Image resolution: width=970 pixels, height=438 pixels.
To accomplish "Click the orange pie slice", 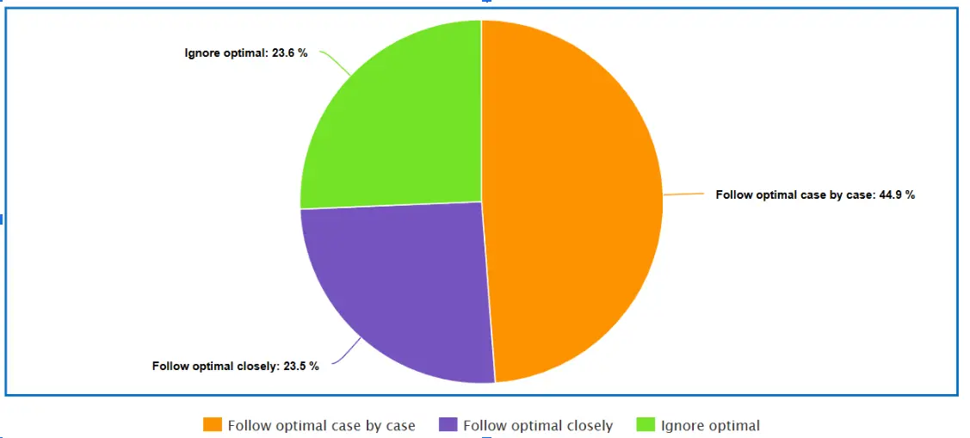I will tap(572, 198).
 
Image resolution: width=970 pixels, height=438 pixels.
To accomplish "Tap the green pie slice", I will tap(396, 120).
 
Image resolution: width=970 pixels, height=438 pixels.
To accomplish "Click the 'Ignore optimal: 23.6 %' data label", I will tap(246, 52).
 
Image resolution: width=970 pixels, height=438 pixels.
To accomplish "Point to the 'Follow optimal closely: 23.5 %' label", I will tap(235, 366).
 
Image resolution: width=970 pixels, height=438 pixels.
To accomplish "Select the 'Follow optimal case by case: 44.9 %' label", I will tap(814, 195).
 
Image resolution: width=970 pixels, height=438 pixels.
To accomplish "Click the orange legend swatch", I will tap(213, 424).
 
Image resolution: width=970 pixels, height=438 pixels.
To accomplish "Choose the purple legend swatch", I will tap(448, 424).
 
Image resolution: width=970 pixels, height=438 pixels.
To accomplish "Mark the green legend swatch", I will tap(645, 424).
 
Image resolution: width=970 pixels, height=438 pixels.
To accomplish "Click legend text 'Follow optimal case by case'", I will tap(321, 425).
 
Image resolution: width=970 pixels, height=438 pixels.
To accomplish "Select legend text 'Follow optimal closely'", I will tap(537, 425).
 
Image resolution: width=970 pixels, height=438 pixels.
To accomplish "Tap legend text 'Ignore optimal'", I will tap(710, 425).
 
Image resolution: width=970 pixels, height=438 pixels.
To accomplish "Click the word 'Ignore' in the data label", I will tap(203, 52).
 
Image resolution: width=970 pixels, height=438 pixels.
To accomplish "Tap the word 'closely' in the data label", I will tap(257, 366).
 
